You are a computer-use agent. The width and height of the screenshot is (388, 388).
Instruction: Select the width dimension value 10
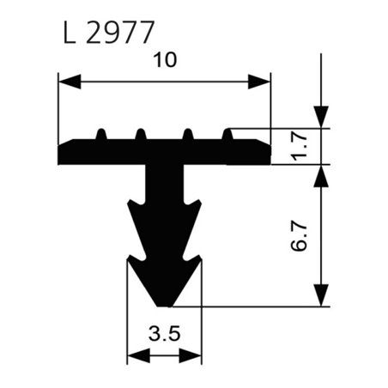(x=164, y=61)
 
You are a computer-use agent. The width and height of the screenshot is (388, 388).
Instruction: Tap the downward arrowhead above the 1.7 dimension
(x=321, y=117)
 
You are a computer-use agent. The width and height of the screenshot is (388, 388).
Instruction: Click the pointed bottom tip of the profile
(x=164, y=303)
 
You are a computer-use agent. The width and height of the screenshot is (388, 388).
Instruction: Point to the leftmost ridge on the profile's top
(x=101, y=133)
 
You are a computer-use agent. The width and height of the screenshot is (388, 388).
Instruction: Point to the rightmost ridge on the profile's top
(x=228, y=133)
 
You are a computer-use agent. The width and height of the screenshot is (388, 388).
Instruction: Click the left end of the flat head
(x=60, y=155)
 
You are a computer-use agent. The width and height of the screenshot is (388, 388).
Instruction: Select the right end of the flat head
(x=269, y=155)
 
